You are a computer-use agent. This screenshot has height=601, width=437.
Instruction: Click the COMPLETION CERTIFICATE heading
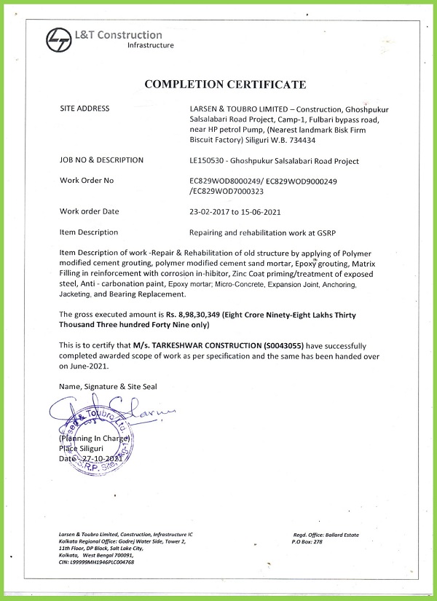[x=225, y=85]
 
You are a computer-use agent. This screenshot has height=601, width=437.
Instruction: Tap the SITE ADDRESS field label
[x=84, y=109]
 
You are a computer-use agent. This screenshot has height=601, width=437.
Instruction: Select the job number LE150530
[x=208, y=160]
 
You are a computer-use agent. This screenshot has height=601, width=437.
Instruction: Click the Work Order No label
[x=87, y=180]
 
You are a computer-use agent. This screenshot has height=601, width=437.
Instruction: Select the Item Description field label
[x=89, y=232]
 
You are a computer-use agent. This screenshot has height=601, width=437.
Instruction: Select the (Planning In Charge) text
[x=95, y=439]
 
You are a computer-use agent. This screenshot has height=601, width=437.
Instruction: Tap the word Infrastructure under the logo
[x=150, y=45]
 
